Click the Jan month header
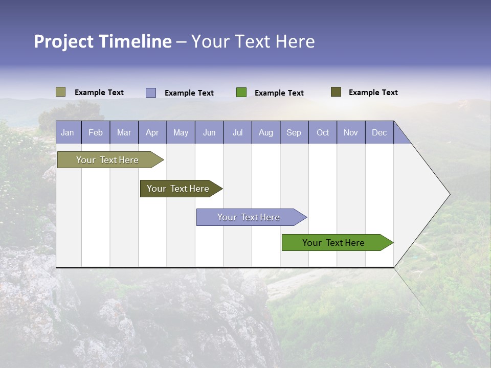(x=68, y=132)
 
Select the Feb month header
(x=96, y=132)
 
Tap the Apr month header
(x=152, y=132)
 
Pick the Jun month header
(x=209, y=132)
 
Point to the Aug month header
(x=266, y=132)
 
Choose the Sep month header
(x=294, y=132)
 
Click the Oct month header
(x=323, y=132)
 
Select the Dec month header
(x=380, y=132)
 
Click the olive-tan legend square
(x=60, y=92)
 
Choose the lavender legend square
(x=151, y=93)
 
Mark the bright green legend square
(x=241, y=93)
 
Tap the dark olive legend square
(x=336, y=92)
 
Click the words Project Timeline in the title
(x=102, y=41)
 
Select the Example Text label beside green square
(x=279, y=93)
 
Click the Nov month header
(x=351, y=132)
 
